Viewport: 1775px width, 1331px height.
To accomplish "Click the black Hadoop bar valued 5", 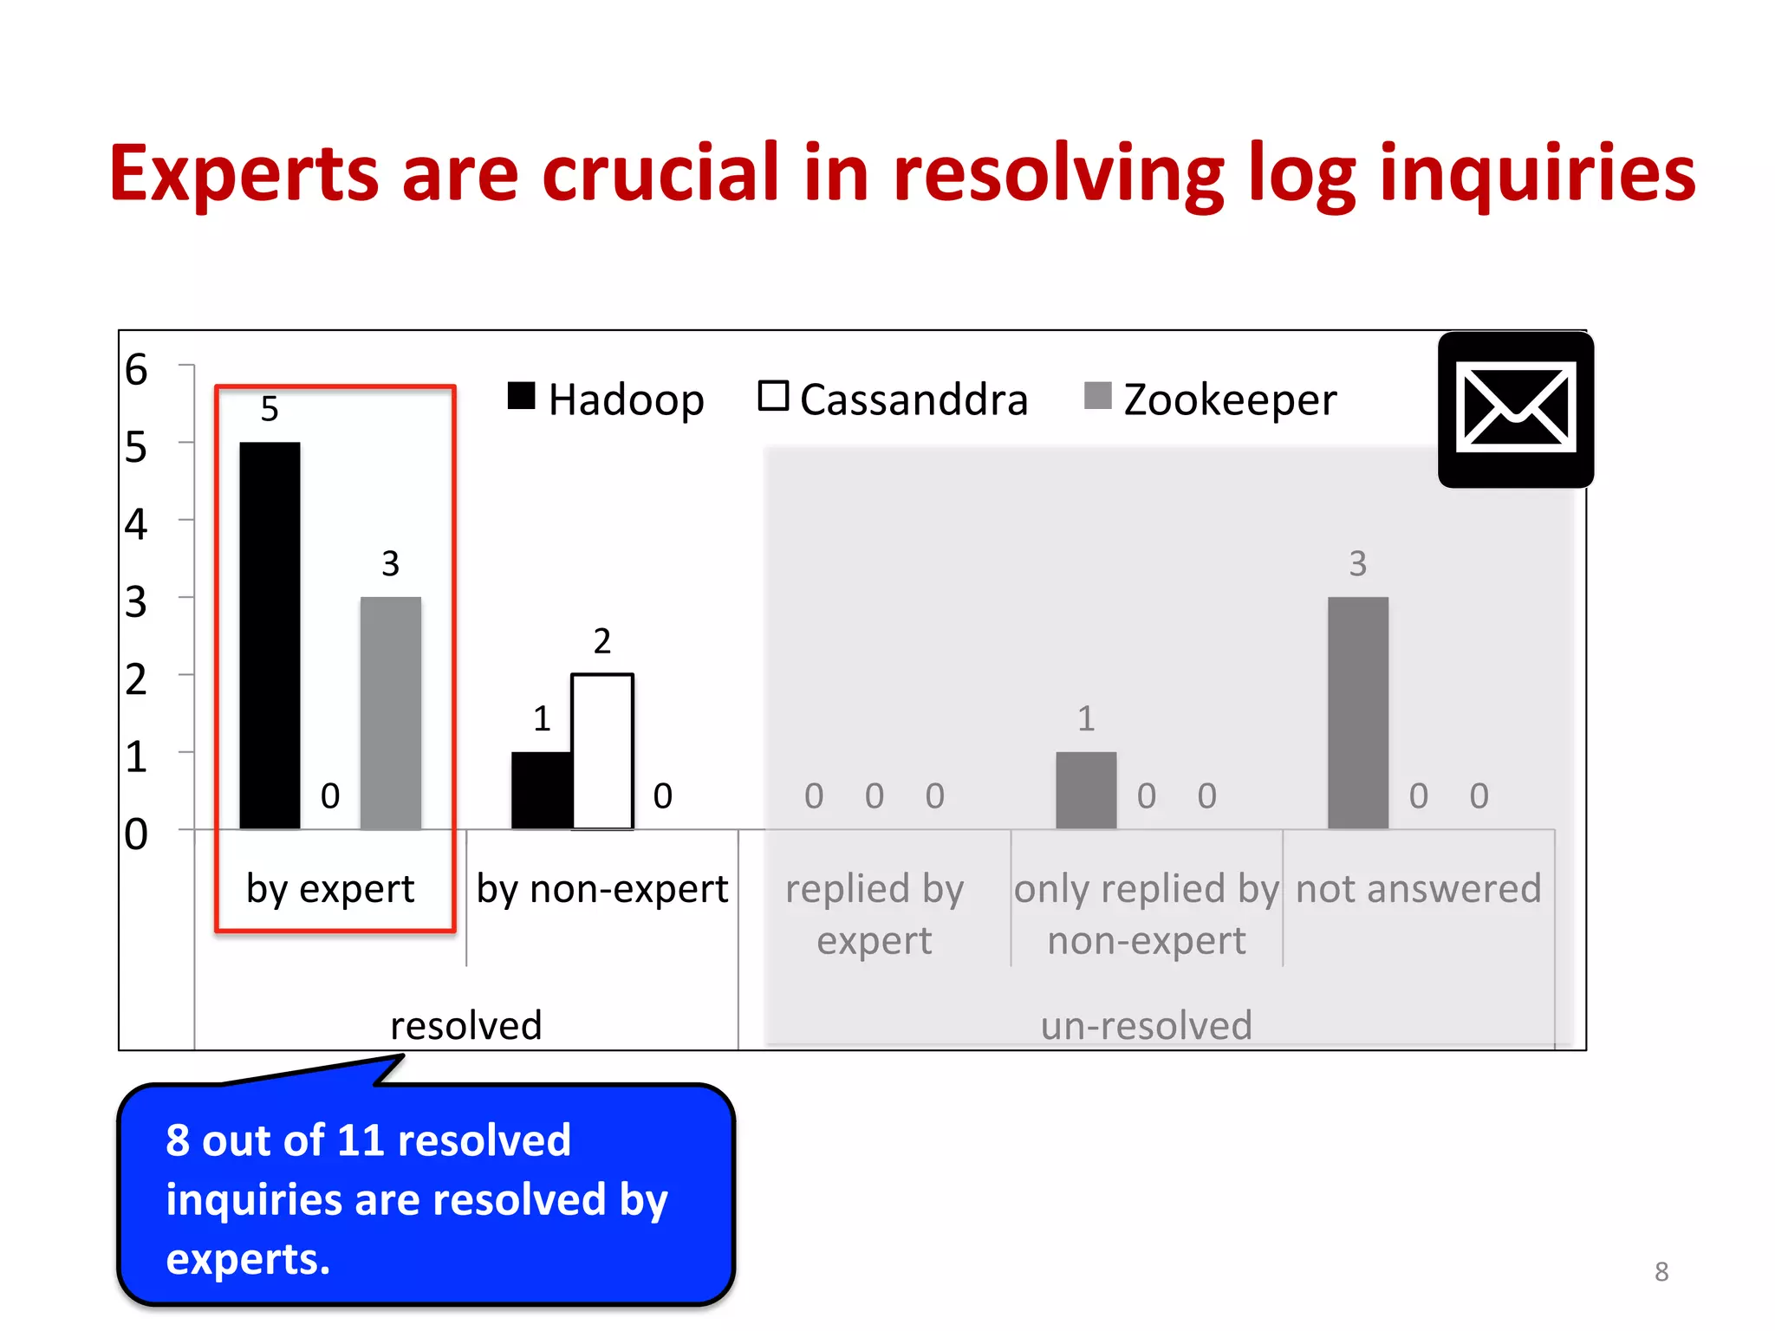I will (270, 635).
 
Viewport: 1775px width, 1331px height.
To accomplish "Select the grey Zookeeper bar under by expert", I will (390, 712).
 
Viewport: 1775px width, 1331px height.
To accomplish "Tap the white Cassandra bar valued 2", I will (602, 750).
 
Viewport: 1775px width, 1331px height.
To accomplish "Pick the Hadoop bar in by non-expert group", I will (541, 789).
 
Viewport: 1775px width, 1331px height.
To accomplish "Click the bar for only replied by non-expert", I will (1086, 789).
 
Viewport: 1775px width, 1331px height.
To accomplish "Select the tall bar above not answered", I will (1357, 712).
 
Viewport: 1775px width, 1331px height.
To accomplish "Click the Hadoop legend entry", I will (607, 399).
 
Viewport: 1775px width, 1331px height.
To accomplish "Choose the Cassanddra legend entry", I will (893, 399).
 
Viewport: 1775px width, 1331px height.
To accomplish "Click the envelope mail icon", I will (1515, 408).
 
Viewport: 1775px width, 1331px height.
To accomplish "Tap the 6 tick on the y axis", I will (137, 369).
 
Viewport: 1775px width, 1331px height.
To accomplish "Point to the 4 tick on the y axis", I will (137, 524).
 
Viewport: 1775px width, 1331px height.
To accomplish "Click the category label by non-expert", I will (602, 888).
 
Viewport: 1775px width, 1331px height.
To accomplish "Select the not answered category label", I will (1418, 888).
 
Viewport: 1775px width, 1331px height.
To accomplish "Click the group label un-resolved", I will (1146, 1025).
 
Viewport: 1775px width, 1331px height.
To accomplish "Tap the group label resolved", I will (466, 1025).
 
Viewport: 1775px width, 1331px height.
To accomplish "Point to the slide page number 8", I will (1661, 1271).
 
